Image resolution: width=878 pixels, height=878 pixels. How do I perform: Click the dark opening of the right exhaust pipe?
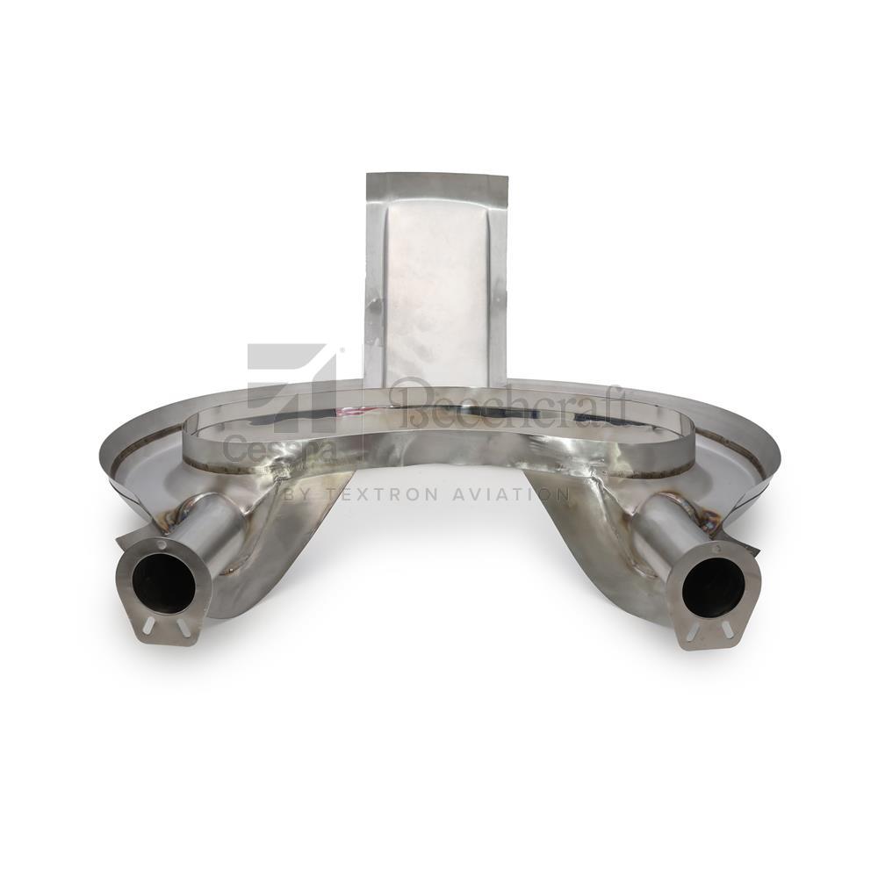tap(713, 587)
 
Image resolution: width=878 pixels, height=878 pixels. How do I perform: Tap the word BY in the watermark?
tap(299, 495)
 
